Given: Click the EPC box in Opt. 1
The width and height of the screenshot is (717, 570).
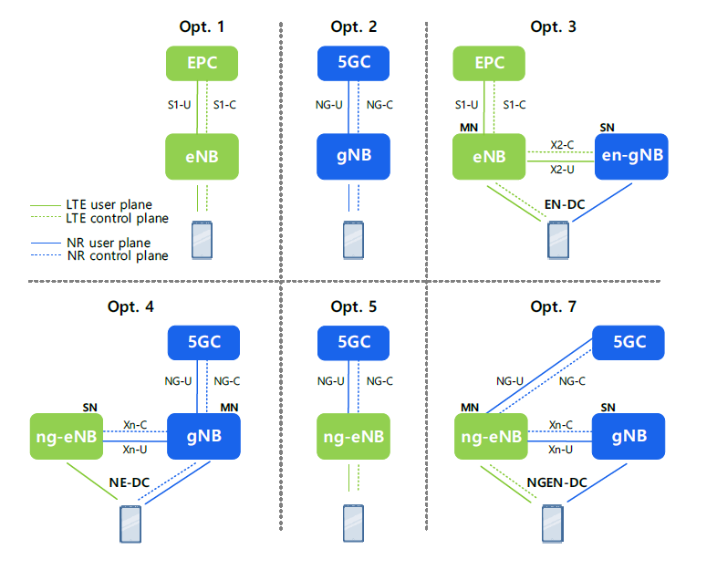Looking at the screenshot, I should [x=202, y=64].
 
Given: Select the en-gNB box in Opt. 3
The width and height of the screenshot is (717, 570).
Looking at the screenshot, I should [x=630, y=156].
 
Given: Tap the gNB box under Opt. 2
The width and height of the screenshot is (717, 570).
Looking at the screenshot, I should [x=352, y=156].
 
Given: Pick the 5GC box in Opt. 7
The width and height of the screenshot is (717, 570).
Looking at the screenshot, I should [x=629, y=343].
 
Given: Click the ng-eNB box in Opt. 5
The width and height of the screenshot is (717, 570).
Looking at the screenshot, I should [x=352, y=436].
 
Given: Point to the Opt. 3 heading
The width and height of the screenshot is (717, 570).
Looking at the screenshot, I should [x=553, y=26].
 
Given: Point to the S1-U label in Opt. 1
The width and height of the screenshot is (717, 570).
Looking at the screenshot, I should [x=180, y=105].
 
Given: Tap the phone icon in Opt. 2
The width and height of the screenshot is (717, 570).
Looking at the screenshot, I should [x=352, y=240].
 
